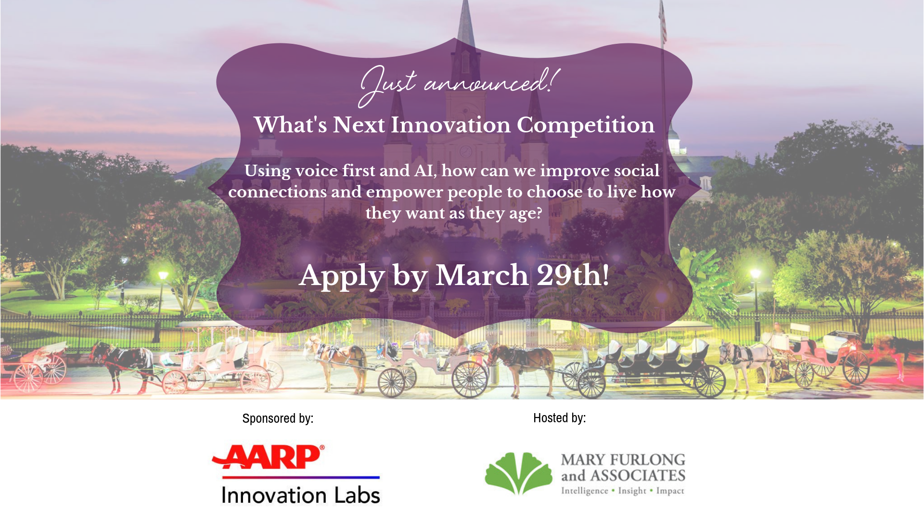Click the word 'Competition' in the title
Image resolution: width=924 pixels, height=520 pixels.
pyautogui.click(x=586, y=126)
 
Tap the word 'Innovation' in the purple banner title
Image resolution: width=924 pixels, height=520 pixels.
pyautogui.click(x=450, y=125)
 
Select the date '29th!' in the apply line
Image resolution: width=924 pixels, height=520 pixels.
pyautogui.click(x=573, y=275)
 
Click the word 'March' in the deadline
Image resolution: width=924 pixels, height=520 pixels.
pyautogui.click(x=482, y=275)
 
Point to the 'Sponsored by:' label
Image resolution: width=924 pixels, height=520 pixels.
pyautogui.click(x=278, y=418)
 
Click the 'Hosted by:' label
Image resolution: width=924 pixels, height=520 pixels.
pyautogui.click(x=559, y=418)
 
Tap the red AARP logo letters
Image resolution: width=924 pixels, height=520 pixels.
pyautogui.click(x=268, y=456)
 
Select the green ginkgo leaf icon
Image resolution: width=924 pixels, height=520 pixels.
pyautogui.click(x=518, y=473)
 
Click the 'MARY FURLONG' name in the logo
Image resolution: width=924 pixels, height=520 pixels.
pyautogui.click(x=623, y=460)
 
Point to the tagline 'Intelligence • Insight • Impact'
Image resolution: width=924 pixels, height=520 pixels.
pyautogui.click(x=623, y=491)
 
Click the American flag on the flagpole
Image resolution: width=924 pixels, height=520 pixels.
pyautogui.click(x=663, y=22)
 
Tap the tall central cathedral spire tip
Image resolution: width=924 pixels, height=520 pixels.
pyautogui.click(x=465, y=2)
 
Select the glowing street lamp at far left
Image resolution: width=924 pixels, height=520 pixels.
pyautogui.click(x=163, y=275)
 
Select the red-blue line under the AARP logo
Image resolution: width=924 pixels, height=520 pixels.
pyautogui.click(x=301, y=477)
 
